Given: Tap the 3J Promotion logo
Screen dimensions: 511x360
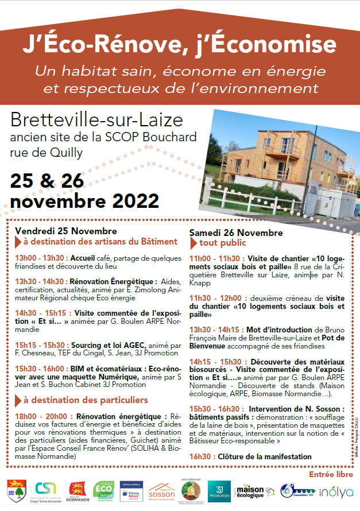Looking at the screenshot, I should point(219,491).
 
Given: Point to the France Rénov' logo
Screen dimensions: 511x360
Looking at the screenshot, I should point(132,491).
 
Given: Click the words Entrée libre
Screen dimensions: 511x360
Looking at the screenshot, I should point(331,475).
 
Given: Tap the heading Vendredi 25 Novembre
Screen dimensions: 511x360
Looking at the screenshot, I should point(57,230).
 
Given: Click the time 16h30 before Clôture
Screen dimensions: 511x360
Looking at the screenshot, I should point(200,457).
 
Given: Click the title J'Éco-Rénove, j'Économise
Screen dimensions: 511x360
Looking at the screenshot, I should point(180,44).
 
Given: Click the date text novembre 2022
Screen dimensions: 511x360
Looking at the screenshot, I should point(84,202).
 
